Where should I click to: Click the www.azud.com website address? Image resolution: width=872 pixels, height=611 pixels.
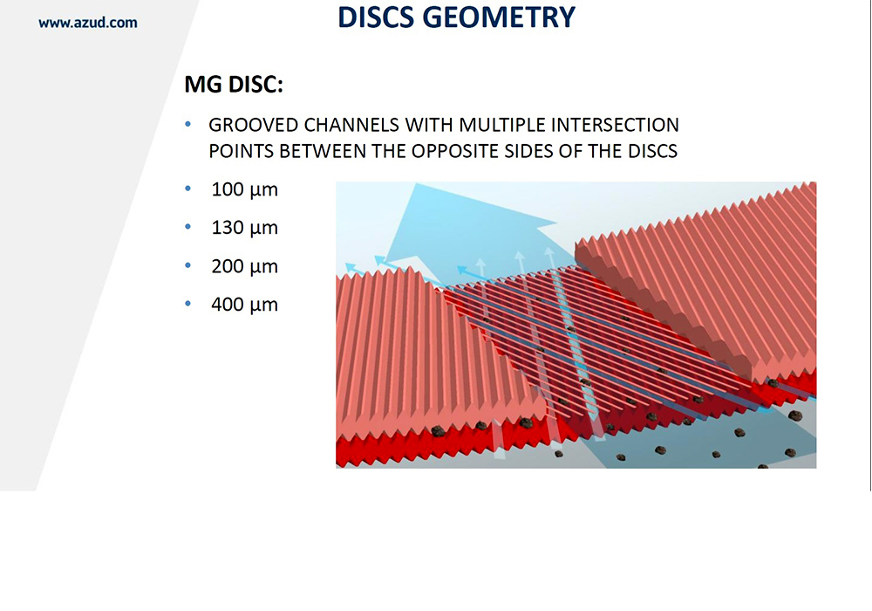(x=88, y=23)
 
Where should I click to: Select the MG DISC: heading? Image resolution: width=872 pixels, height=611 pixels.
(x=234, y=85)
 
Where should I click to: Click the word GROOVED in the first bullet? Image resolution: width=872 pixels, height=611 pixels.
(x=254, y=125)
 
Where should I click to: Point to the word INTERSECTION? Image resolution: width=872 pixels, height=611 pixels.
(x=615, y=125)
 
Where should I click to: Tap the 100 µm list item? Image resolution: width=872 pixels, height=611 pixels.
(x=245, y=189)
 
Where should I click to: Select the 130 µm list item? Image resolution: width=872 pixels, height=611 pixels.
(x=245, y=228)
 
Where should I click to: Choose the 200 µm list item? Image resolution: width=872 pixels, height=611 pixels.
(x=245, y=266)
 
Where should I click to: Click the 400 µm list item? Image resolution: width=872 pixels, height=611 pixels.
(x=245, y=305)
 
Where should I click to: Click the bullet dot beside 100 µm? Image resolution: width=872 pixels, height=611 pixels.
(x=188, y=189)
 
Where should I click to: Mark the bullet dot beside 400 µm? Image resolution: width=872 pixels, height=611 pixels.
(x=188, y=304)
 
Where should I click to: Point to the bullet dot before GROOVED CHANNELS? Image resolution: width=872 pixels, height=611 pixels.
(x=188, y=124)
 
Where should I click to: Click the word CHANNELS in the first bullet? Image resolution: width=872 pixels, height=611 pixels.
(x=351, y=125)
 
